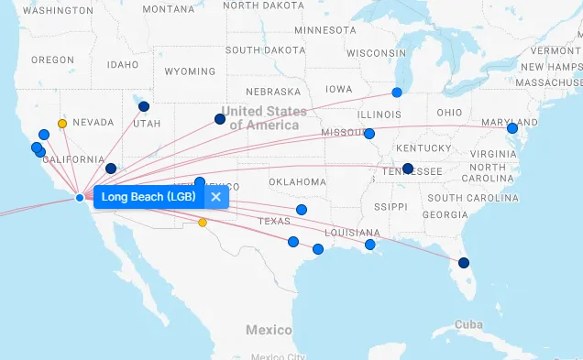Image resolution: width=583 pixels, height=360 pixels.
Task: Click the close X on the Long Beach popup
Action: pyautogui.click(x=215, y=197)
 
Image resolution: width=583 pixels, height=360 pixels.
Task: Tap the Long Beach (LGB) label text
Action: pyautogui.click(x=148, y=197)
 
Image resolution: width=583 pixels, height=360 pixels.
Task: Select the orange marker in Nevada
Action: pyautogui.click(x=62, y=123)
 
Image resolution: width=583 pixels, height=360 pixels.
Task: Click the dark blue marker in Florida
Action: pyautogui.click(x=464, y=263)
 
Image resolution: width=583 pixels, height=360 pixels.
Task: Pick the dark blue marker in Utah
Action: pyautogui.click(x=144, y=106)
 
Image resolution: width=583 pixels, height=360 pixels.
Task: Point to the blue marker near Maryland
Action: pyautogui.click(x=512, y=128)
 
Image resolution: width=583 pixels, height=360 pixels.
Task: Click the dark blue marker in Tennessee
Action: pyautogui.click(x=408, y=169)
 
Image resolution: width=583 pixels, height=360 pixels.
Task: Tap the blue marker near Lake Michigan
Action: pyautogui.click(x=397, y=93)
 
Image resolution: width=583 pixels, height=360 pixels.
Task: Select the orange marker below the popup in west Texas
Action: pyautogui.click(x=203, y=223)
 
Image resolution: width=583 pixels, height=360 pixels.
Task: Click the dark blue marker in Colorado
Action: pyautogui.click(x=220, y=119)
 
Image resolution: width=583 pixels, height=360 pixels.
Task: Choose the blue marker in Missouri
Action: pyautogui.click(x=370, y=134)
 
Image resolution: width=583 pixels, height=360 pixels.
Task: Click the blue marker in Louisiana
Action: pyautogui.click(x=370, y=245)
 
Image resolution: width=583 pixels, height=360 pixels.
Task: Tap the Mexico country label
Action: pyautogui.click(x=269, y=330)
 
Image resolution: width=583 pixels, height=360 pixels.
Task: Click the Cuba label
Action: pyautogui.click(x=468, y=325)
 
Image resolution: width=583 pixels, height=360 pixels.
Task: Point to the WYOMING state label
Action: pyautogui.click(x=190, y=71)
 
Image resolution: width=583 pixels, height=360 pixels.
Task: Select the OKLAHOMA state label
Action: pyautogui.click(x=297, y=182)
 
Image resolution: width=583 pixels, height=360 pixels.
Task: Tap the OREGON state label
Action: pyautogui.click(x=52, y=60)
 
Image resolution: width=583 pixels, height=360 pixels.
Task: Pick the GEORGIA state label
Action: pyautogui.click(x=445, y=214)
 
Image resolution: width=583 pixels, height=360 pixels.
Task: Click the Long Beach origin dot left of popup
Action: pyautogui.click(x=80, y=198)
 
